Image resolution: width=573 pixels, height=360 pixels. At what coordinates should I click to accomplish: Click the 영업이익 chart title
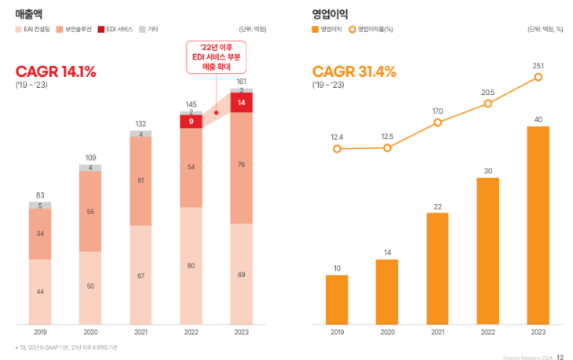click(330, 13)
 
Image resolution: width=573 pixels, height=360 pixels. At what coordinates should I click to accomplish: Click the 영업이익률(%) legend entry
click(371, 29)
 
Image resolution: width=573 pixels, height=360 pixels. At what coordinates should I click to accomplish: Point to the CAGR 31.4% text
click(354, 71)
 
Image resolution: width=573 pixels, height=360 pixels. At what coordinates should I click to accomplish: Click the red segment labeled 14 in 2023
click(242, 103)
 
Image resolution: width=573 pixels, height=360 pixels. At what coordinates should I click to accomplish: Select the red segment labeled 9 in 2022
click(192, 122)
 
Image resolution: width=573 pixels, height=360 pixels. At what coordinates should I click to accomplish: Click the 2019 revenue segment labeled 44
click(40, 291)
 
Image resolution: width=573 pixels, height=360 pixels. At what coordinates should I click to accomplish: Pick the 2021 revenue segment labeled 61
click(141, 180)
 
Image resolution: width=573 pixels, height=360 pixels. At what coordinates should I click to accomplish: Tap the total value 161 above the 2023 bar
click(242, 81)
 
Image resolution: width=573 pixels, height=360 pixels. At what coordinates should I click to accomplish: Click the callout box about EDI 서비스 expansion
click(216, 57)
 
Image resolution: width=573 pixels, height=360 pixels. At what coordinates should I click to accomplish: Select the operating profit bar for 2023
click(538, 225)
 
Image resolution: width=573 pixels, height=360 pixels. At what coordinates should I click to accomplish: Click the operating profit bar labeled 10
click(337, 300)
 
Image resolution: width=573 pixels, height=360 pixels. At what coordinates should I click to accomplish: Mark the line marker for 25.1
click(538, 77)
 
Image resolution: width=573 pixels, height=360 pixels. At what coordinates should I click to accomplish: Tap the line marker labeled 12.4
click(337, 148)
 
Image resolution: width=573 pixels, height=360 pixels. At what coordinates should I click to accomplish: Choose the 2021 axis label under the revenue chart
click(141, 332)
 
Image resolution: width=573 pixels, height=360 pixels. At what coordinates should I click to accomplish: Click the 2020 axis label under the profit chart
click(387, 332)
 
